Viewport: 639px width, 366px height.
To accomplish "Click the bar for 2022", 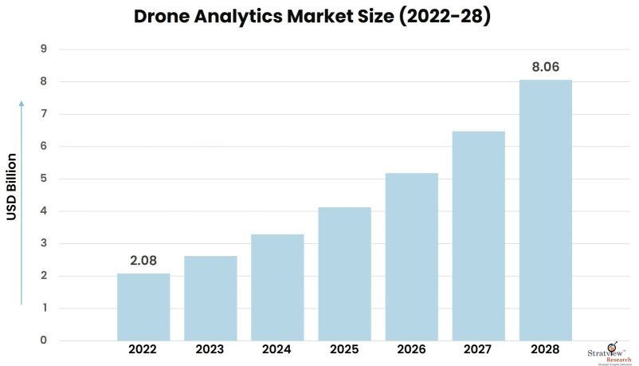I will [143, 307].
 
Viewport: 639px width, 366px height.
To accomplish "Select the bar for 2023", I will [210, 298].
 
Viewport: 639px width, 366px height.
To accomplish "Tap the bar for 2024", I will [277, 287].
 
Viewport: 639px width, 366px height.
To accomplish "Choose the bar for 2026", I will [411, 257].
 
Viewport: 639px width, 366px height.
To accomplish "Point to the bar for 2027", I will [478, 236].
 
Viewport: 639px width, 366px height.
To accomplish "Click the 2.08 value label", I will [143, 261].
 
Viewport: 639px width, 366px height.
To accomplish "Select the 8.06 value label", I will [546, 67].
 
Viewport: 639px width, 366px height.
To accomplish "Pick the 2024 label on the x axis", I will [277, 349].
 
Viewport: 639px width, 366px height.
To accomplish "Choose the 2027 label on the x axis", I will [478, 349].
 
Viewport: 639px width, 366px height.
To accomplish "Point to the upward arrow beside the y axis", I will [22, 203].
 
